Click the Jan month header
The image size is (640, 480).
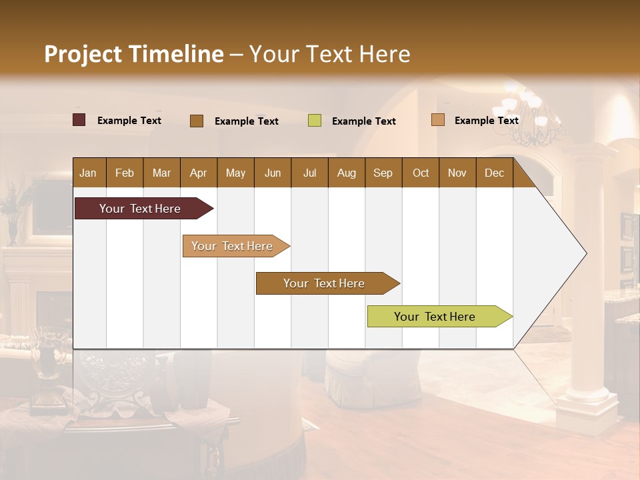pos(88,173)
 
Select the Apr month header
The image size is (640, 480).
pos(198,173)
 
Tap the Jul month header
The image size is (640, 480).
pos(309,173)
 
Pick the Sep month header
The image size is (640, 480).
pos(383,173)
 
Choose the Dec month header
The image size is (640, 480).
pos(494,173)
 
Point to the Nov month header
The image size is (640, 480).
pos(457,173)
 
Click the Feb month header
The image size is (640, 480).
pos(125,173)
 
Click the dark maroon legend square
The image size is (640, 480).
pos(79,120)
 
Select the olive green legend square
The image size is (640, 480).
pos(315,121)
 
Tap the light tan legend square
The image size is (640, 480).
pos(437,120)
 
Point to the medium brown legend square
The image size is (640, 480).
pos(196,121)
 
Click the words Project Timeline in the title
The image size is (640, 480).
pos(133,54)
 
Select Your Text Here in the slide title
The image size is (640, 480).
pos(330,54)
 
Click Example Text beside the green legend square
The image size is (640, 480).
pos(363,121)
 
